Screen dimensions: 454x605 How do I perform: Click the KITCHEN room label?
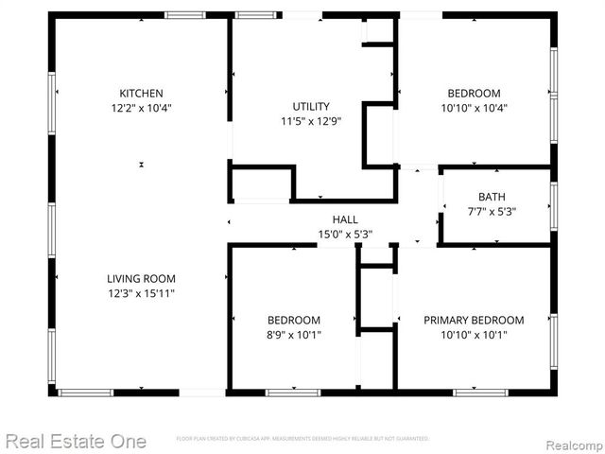(x=141, y=93)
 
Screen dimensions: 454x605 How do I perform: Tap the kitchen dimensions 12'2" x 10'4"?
(x=141, y=108)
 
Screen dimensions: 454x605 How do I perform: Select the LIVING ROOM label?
(x=141, y=278)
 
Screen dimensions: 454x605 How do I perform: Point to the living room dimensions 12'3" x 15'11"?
(x=141, y=293)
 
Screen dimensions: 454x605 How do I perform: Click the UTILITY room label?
(x=311, y=106)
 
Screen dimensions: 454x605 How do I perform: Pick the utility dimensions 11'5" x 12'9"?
(x=311, y=121)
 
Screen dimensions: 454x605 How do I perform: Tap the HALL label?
(x=344, y=219)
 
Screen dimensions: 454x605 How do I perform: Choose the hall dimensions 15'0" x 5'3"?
(x=344, y=234)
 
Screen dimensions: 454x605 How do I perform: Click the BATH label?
(x=492, y=197)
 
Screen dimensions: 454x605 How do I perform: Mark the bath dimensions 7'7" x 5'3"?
(x=492, y=211)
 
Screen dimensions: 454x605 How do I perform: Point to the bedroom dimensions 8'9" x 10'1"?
(x=293, y=335)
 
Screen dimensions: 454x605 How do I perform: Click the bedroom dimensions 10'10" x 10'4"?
(x=473, y=108)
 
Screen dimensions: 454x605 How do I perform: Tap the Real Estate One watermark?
(x=75, y=441)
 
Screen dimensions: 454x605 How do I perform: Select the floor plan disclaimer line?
(x=302, y=439)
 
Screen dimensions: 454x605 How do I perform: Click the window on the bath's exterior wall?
(x=554, y=205)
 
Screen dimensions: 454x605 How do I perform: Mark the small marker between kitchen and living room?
(x=141, y=165)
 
